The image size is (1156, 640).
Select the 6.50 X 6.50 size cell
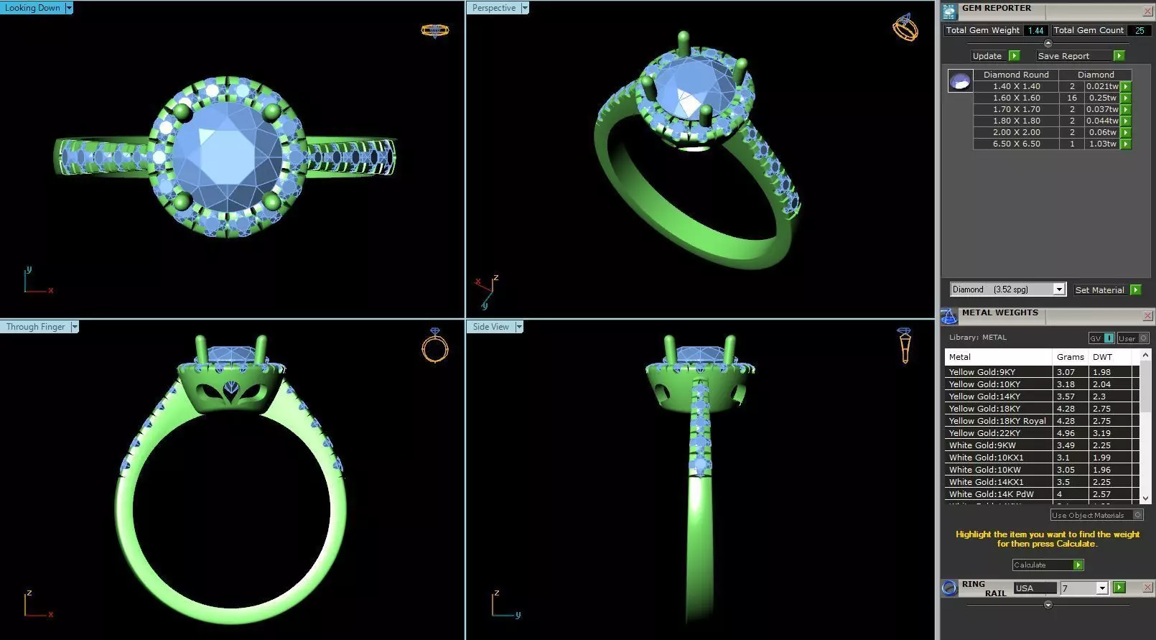[x=1016, y=144]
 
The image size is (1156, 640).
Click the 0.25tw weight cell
[x=1101, y=98]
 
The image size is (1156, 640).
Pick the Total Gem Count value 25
[x=1139, y=30]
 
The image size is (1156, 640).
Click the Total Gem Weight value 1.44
[x=1035, y=30]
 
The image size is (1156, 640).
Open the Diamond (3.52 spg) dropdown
[x=1058, y=289]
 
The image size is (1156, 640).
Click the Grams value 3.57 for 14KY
[x=1066, y=396]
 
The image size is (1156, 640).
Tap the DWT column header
[x=1102, y=357]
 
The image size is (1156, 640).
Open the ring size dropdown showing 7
[x=1101, y=588]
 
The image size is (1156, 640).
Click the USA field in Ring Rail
[x=1034, y=588]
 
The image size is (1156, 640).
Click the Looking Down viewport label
[x=33, y=8]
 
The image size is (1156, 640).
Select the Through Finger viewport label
[x=36, y=327]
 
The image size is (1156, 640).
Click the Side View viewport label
[x=491, y=327]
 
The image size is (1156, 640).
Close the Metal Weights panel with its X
[x=1147, y=316]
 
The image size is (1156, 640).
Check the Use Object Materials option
[x=1137, y=515]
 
